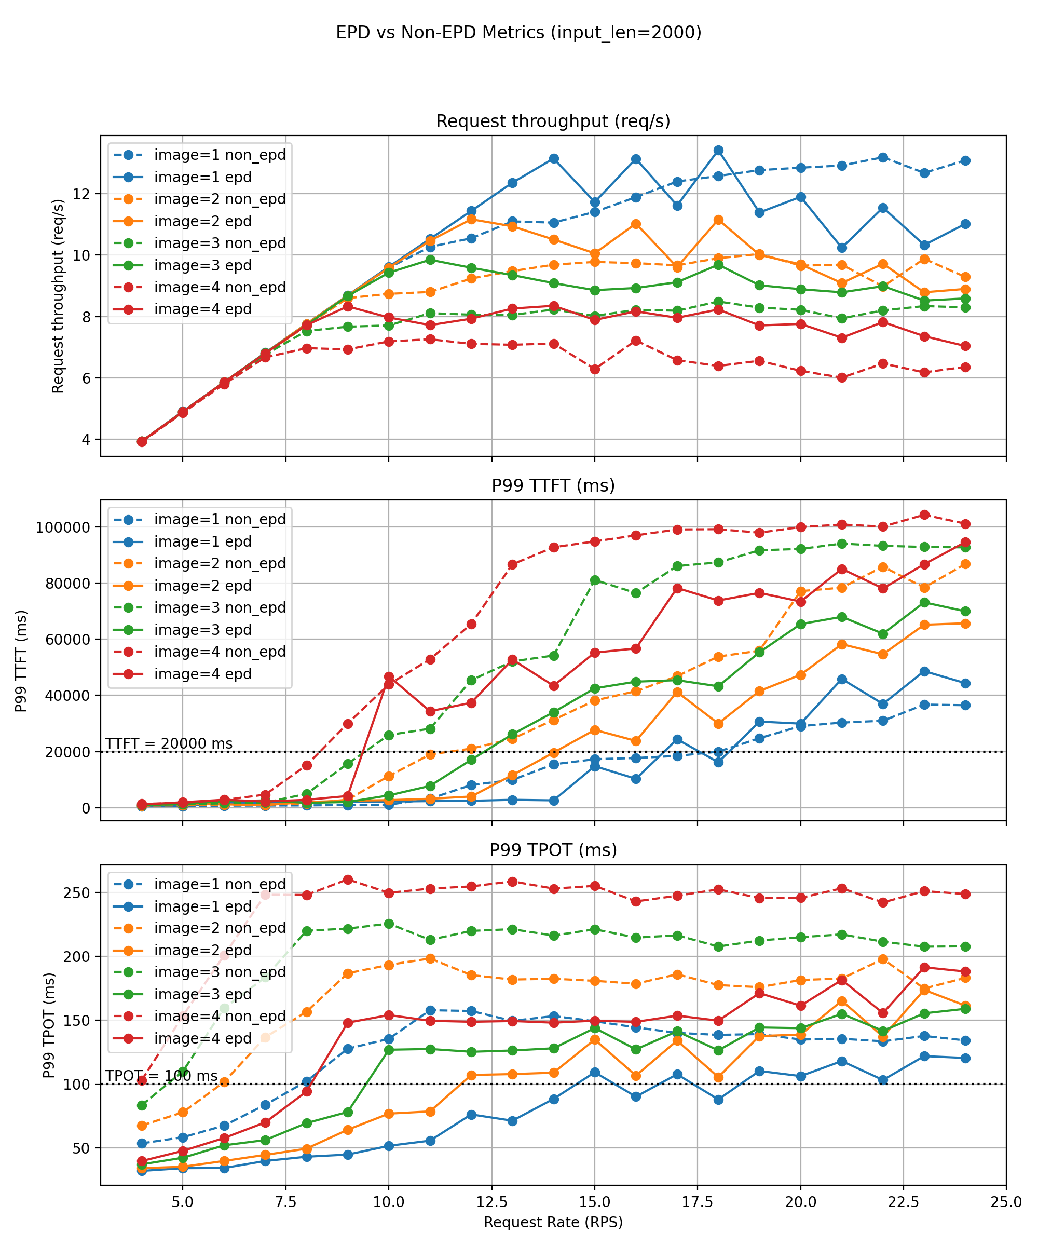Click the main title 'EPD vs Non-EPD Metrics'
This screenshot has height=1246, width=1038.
518,32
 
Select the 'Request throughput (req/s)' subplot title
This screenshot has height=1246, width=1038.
553,121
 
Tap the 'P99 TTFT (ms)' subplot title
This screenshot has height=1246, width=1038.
553,485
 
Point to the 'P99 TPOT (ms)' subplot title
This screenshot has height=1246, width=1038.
553,850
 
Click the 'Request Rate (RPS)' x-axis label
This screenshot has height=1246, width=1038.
553,1222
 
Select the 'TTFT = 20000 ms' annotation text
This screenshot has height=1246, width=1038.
169,743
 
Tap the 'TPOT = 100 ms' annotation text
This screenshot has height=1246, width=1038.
161,1076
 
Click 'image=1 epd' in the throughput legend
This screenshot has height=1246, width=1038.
203,177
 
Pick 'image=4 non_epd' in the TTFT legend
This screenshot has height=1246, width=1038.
220,652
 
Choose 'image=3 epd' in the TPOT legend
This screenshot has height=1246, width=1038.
203,994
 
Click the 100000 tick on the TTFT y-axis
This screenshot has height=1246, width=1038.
63,527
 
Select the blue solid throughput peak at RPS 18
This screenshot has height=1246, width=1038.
718,150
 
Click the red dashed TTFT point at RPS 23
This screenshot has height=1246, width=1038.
924,514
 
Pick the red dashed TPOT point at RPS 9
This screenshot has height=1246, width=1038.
348,879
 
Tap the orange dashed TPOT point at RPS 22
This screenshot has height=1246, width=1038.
883,959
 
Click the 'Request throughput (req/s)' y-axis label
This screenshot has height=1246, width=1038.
58,296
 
